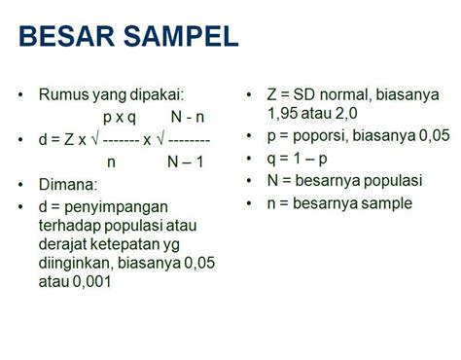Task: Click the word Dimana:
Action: click(69, 184)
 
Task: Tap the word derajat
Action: click(65, 243)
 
